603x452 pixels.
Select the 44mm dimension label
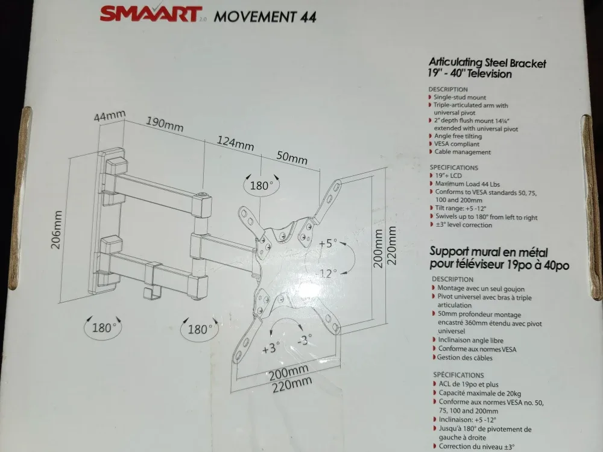pyautogui.click(x=109, y=116)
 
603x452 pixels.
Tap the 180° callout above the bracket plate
pyautogui.click(x=262, y=185)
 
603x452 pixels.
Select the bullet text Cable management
pyautogui.click(x=463, y=152)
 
